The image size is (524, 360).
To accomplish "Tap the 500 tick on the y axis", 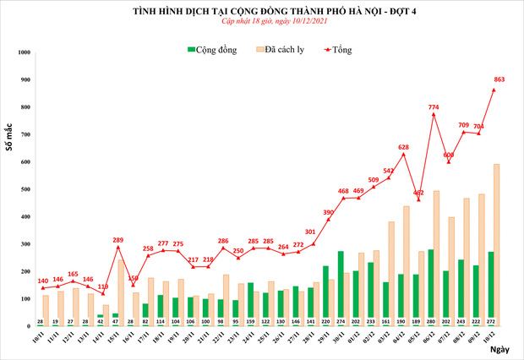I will coord(25,189).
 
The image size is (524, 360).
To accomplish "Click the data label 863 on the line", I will coord(499,79).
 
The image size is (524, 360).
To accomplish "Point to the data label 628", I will coord(403,147).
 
